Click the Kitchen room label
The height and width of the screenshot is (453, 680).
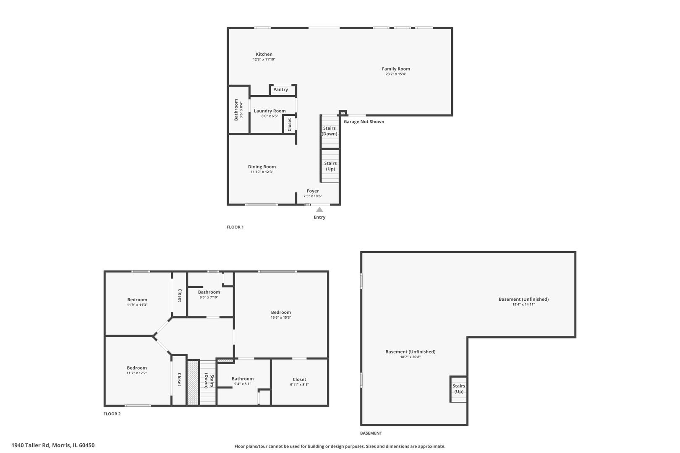[x=264, y=54]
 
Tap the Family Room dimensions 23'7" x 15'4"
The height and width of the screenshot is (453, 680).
[x=396, y=74]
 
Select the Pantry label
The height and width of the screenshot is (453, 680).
[x=280, y=89]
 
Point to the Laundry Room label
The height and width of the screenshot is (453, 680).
[x=269, y=111]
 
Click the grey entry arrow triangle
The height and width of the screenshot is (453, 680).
[x=319, y=209]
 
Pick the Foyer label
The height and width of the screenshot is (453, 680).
[x=313, y=191]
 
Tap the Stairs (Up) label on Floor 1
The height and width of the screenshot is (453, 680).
[x=330, y=166]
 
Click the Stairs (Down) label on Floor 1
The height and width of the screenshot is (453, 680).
[x=330, y=131]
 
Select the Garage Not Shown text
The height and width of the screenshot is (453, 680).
[x=364, y=122]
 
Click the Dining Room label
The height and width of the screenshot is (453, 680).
[x=262, y=167]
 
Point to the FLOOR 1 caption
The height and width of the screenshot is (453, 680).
[x=235, y=227]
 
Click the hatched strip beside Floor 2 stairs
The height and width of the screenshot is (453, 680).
[x=193, y=382]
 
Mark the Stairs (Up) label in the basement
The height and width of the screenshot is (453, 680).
[x=459, y=389]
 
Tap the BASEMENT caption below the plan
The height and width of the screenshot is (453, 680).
[x=371, y=433]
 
